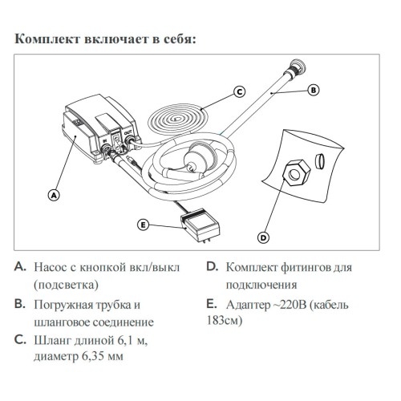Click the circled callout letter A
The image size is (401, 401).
(x=54, y=195)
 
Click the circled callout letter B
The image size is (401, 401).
(x=314, y=90)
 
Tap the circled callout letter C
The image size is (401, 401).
(x=240, y=92)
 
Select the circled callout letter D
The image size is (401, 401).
(x=263, y=237)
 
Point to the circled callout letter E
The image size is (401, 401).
(x=144, y=225)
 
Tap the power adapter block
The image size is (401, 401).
(x=200, y=225)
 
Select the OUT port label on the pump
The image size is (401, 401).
(x=128, y=132)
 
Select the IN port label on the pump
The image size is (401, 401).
(x=105, y=140)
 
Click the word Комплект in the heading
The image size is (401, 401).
(x=47, y=39)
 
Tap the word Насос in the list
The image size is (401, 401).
(x=50, y=267)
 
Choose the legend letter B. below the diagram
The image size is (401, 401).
(x=20, y=304)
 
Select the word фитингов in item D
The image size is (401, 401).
(x=305, y=268)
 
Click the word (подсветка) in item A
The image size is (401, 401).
(x=66, y=285)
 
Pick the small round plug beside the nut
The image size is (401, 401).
(x=319, y=161)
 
